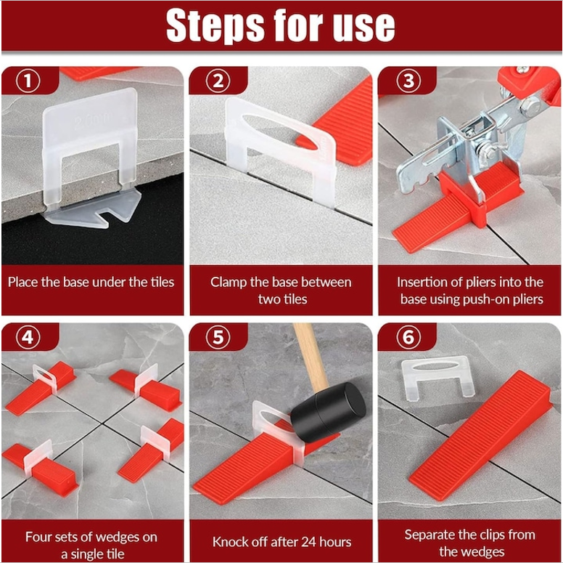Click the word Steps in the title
point(215,25)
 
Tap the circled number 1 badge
point(28,81)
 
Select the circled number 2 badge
point(218,81)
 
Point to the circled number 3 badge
point(408,81)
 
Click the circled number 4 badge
point(28,337)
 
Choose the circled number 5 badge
point(218,337)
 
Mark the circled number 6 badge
point(408,337)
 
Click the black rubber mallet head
point(328,412)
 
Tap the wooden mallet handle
point(311,356)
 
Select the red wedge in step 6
point(481,436)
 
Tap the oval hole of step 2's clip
point(280,132)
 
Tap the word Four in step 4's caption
point(38,537)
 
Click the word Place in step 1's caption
point(23,282)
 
